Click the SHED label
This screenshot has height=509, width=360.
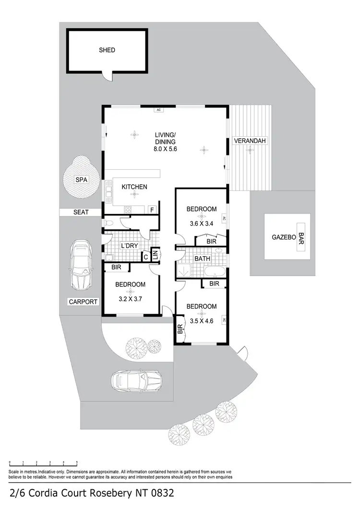click(x=107, y=50)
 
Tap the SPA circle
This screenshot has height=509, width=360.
click(x=81, y=180)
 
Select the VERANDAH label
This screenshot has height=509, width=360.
click(x=249, y=141)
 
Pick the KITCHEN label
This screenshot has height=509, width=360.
click(x=134, y=187)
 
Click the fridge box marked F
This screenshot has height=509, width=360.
click(x=152, y=210)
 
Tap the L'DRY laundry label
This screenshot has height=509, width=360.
click(x=130, y=246)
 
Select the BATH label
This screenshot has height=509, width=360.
click(x=201, y=259)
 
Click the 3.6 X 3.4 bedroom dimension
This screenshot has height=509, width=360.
click(x=201, y=223)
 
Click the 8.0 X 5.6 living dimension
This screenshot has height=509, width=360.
click(x=165, y=149)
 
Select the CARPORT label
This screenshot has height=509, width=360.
click(x=83, y=302)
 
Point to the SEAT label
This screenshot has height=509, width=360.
click(x=81, y=212)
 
